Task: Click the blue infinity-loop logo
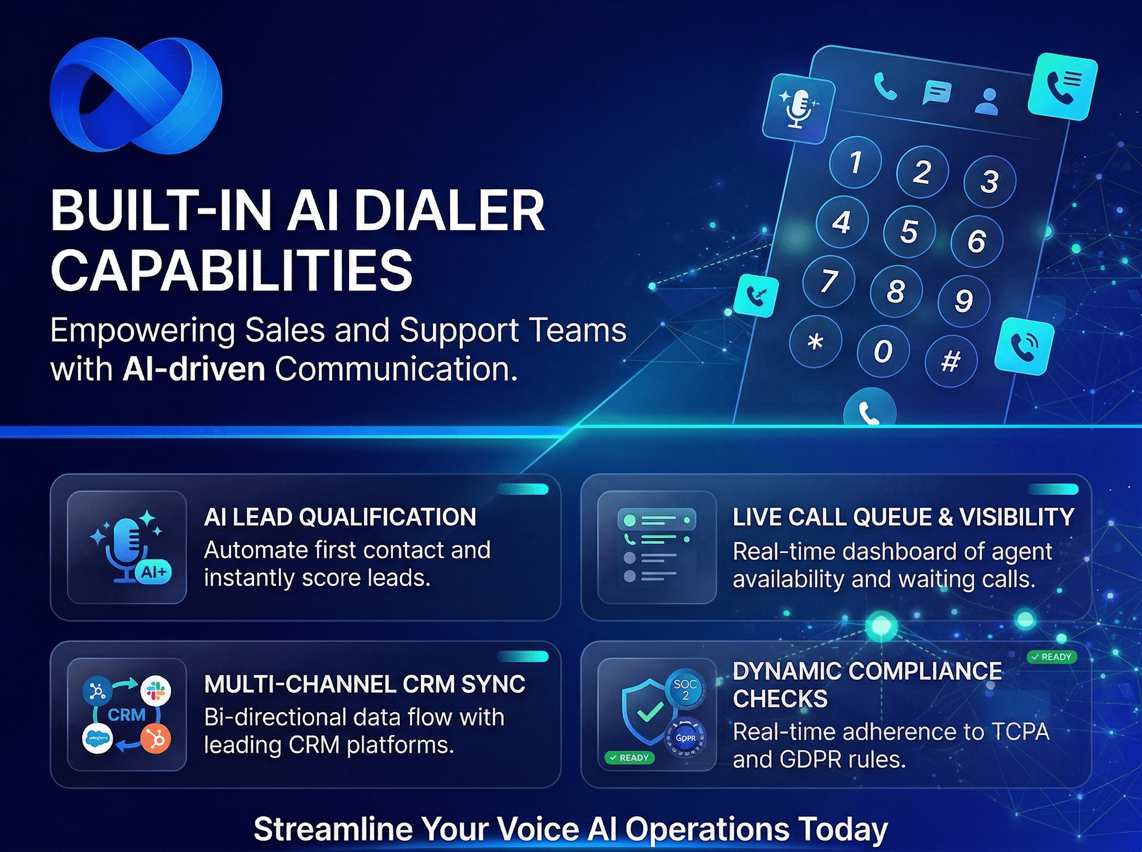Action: coord(136,96)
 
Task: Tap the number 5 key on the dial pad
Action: coord(909,231)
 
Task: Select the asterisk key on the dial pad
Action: coord(816,341)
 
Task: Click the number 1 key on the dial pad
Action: coord(855,162)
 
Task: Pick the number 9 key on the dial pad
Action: coord(964,300)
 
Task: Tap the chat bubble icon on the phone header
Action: coord(936,92)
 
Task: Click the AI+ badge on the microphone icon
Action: coord(153,572)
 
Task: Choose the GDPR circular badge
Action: coord(685,738)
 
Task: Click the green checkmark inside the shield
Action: coord(650,712)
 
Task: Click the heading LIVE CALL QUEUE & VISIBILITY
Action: coord(903,517)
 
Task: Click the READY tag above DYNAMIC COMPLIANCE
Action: coord(1052,657)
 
